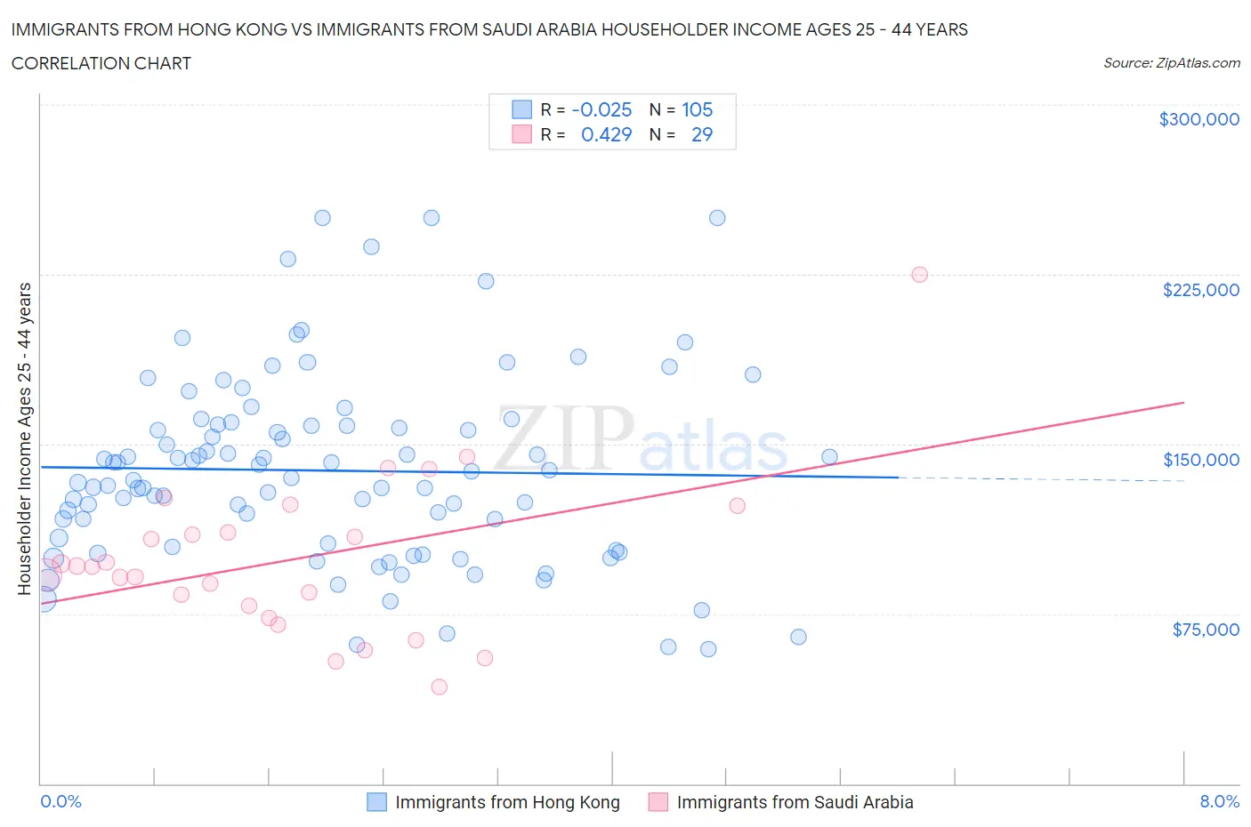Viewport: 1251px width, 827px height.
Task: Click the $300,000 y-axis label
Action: click(x=1199, y=119)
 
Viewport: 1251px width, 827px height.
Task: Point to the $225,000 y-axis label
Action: click(x=1200, y=290)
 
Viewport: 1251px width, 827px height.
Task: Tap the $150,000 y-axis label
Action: click(x=1200, y=460)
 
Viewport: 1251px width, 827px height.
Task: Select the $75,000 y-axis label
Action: click(x=1205, y=630)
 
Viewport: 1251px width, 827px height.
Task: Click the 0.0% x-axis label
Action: click(x=61, y=801)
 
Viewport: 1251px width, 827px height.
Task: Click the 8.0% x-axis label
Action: click(x=1219, y=801)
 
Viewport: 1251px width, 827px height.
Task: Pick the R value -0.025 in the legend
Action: click(x=601, y=109)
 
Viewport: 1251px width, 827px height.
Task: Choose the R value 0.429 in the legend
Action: click(x=606, y=134)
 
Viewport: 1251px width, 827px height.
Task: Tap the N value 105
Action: click(x=697, y=109)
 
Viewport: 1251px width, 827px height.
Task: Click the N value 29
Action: click(x=701, y=134)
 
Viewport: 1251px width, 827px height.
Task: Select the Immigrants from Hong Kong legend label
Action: click(x=507, y=802)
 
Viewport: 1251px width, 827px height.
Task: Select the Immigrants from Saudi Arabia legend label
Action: click(x=795, y=802)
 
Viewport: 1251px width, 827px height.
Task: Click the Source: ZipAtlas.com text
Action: click(x=1171, y=63)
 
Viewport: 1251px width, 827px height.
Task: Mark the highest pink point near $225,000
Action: click(x=919, y=275)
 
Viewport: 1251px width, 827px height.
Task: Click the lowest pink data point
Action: click(x=439, y=686)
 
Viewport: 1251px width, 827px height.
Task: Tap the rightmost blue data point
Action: click(x=829, y=457)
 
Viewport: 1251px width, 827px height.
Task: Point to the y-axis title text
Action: click(x=24, y=438)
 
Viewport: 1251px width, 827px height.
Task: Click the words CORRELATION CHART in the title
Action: click(x=101, y=63)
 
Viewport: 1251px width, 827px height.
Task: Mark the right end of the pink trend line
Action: click(x=1183, y=403)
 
